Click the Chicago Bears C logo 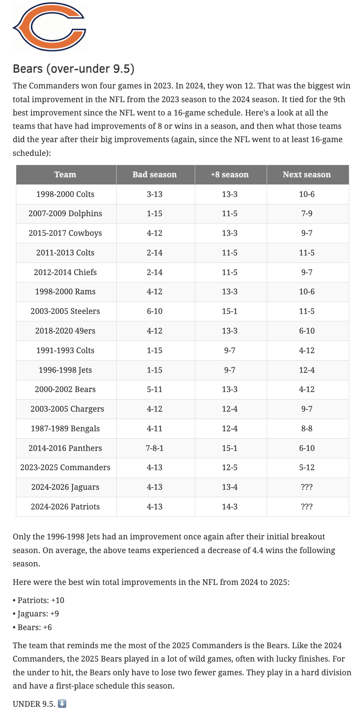click(x=49, y=27)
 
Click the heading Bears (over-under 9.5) click(x=74, y=69)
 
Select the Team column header click(x=65, y=175)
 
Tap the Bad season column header click(x=155, y=175)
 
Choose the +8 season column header click(x=230, y=175)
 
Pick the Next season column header click(x=307, y=175)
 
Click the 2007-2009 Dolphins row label click(x=65, y=214)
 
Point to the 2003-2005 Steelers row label click(x=65, y=311)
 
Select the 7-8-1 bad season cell click(x=155, y=448)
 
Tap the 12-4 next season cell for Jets click(x=307, y=370)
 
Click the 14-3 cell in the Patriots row click(x=230, y=507)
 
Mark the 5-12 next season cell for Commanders click(x=307, y=468)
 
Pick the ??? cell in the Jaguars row click(x=307, y=487)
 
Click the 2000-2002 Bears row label click(x=65, y=389)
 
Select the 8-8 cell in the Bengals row click(x=307, y=429)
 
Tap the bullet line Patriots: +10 click(x=39, y=600)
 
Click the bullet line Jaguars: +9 click(x=36, y=614)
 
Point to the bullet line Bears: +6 click(x=33, y=627)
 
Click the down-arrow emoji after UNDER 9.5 click(x=62, y=703)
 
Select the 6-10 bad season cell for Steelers click(x=155, y=311)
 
